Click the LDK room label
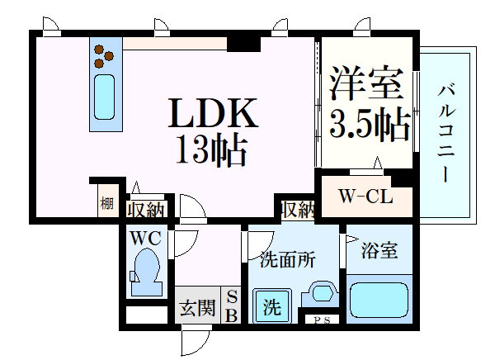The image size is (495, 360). pyautogui.click(x=213, y=113)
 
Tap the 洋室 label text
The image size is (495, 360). pyautogui.click(x=367, y=83)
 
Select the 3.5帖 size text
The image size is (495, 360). pyautogui.click(x=370, y=124)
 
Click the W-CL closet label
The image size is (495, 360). pyautogui.click(x=365, y=197)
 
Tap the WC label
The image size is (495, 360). pyautogui.click(x=146, y=238)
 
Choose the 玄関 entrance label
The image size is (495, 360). pyautogui.click(x=197, y=307)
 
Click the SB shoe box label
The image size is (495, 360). pyautogui.click(x=232, y=306)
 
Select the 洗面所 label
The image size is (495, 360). pyautogui.click(x=288, y=260)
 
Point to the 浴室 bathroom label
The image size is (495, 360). pyautogui.click(x=379, y=250)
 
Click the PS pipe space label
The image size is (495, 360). pyautogui.click(x=323, y=320)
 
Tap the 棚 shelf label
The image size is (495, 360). pyautogui.click(x=106, y=202)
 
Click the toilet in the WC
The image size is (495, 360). pyautogui.click(x=146, y=272)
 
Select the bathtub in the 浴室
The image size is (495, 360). pyautogui.click(x=379, y=300)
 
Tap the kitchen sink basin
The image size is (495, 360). pyautogui.click(x=104, y=97)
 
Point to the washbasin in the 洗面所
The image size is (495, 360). pyautogui.click(x=322, y=292)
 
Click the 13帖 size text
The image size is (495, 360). pyautogui.click(x=211, y=151)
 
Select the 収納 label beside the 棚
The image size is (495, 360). pyautogui.click(x=146, y=210)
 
